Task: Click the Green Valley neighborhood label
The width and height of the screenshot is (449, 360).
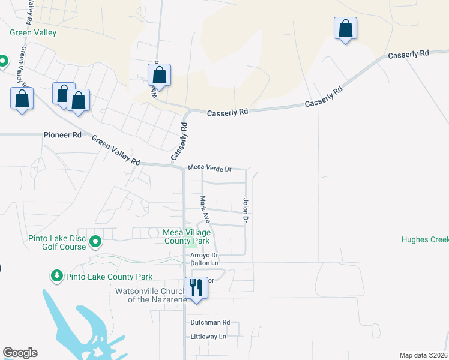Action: (x=32, y=33)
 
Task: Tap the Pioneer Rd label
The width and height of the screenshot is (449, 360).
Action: (x=63, y=136)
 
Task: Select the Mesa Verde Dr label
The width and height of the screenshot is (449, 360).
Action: (x=209, y=169)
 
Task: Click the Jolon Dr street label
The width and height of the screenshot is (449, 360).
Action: (x=245, y=211)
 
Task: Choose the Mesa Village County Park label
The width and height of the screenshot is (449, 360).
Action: (x=187, y=236)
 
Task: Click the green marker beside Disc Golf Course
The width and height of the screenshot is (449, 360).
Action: (x=95, y=242)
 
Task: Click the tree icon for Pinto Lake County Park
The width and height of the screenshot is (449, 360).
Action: (x=56, y=275)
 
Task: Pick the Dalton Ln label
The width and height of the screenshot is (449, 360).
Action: (x=204, y=263)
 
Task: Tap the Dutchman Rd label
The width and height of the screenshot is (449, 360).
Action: (x=210, y=322)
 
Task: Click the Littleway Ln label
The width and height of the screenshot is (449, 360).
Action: (x=208, y=337)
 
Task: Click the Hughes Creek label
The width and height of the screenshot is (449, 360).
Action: (x=425, y=239)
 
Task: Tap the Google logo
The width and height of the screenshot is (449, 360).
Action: (x=20, y=353)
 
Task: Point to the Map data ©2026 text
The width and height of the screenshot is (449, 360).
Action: (x=423, y=355)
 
